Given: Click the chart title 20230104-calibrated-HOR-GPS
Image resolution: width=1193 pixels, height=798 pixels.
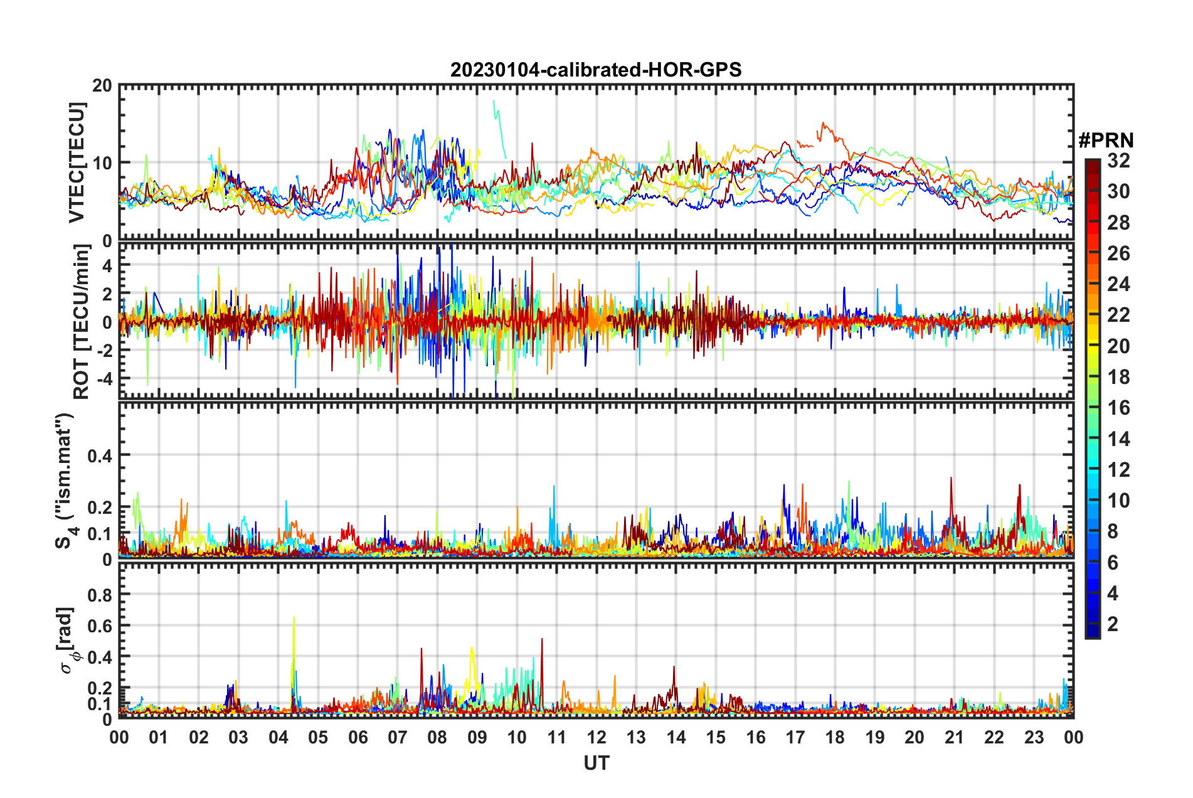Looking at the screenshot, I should point(596,70).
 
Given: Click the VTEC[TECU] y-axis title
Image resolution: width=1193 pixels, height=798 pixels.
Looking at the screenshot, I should point(77,162).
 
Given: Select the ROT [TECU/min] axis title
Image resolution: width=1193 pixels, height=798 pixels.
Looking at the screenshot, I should point(82,322).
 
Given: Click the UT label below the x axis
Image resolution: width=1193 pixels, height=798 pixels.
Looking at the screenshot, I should point(596,763).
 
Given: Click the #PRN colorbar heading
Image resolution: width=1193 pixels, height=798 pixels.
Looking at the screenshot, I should point(1106,140).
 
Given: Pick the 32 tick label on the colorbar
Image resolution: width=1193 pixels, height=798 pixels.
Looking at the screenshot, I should point(1118,161).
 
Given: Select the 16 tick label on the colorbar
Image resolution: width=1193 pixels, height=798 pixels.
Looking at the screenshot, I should point(1118,408).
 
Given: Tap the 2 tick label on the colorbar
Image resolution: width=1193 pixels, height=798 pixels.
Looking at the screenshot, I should point(1113,624).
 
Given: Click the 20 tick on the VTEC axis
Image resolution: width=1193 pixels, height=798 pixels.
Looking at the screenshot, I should point(102,86).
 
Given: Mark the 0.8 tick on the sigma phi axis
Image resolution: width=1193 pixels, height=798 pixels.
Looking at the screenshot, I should point(100,594).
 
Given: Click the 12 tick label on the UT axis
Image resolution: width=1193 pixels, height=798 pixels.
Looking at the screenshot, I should point(596,737).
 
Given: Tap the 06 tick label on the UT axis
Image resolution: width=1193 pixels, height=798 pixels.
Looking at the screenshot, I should point(358,737).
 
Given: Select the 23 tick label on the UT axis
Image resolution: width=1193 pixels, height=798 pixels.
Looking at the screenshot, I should point(1034,737).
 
